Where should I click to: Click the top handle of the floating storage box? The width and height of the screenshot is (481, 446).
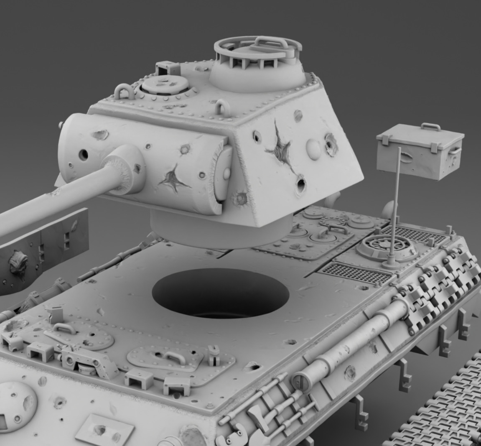point(431,126)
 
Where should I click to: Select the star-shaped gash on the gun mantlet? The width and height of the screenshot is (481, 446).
point(172,179)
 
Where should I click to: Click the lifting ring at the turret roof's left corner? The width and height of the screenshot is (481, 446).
point(123,91)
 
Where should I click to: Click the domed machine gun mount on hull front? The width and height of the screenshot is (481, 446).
point(17,401)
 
